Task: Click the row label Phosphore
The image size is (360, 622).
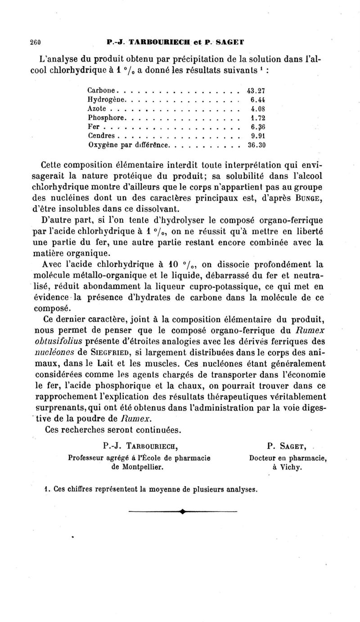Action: (x=105, y=118)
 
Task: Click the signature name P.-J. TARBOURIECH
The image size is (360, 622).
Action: (x=140, y=446)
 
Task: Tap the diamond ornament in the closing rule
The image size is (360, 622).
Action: (x=182, y=511)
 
